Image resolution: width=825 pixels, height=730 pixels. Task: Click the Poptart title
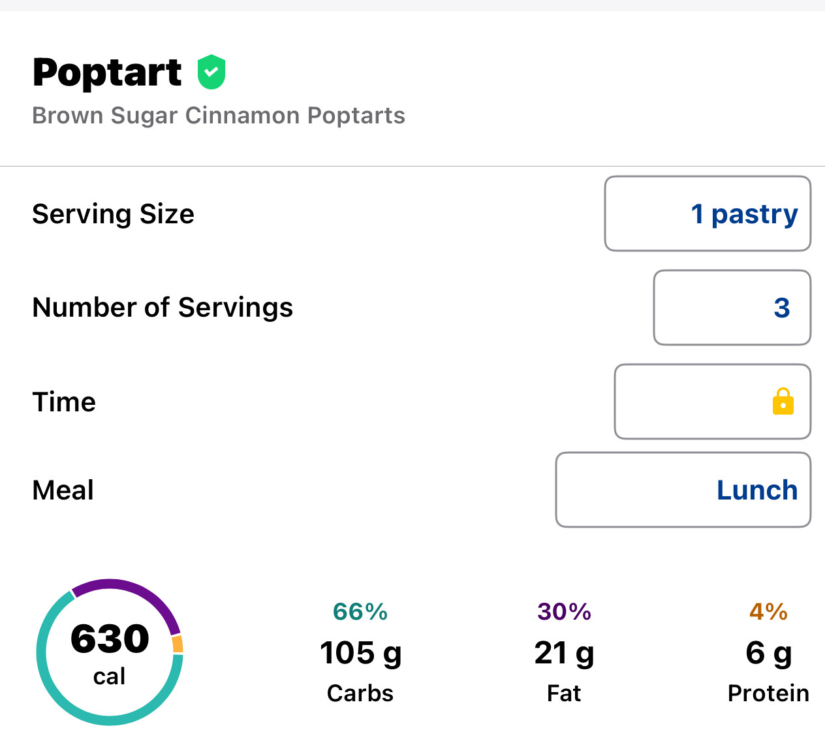pyautogui.click(x=107, y=72)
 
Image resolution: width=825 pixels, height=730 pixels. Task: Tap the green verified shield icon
pyautogui.click(x=211, y=72)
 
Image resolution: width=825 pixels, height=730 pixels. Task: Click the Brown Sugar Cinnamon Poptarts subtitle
pyautogui.click(x=219, y=116)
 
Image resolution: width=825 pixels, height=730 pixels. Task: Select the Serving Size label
pyautogui.click(x=113, y=214)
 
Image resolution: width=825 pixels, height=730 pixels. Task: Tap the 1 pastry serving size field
pyautogui.click(x=708, y=214)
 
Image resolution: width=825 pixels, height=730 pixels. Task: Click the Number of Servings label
pyautogui.click(x=163, y=308)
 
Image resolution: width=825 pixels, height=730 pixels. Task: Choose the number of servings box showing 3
pyautogui.click(x=732, y=308)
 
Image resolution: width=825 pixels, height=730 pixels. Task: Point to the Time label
pyautogui.click(x=64, y=402)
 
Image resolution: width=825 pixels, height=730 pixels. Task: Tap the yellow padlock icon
pyautogui.click(x=783, y=402)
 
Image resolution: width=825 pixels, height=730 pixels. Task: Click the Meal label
pyautogui.click(x=63, y=490)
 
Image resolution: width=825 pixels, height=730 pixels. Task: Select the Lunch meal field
pyautogui.click(x=683, y=490)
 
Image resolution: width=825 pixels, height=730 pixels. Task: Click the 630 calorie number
pyautogui.click(x=110, y=639)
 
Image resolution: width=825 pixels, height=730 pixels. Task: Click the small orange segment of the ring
pyautogui.click(x=178, y=644)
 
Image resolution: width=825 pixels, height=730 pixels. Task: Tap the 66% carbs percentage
pyautogui.click(x=360, y=612)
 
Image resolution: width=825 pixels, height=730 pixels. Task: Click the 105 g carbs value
pyautogui.click(x=360, y=652)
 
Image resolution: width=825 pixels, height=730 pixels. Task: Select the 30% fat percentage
pyautogui.click(x=564, y=612)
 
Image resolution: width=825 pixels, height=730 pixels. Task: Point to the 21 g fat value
pyautogui.click(x=564, y=652)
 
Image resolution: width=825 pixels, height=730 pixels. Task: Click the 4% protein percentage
pyautogui.click(x=768, y=612)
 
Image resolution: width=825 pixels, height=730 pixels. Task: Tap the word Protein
pyautogui.click(x=768, y=693)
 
